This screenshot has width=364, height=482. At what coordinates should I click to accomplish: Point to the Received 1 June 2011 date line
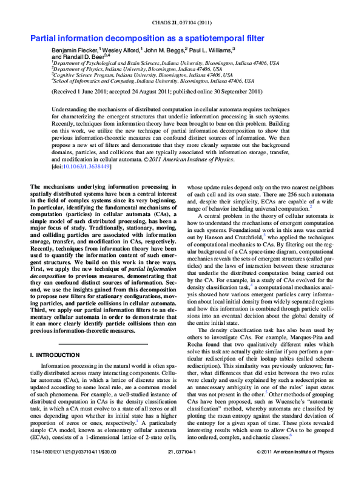[x=157, y=92]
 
